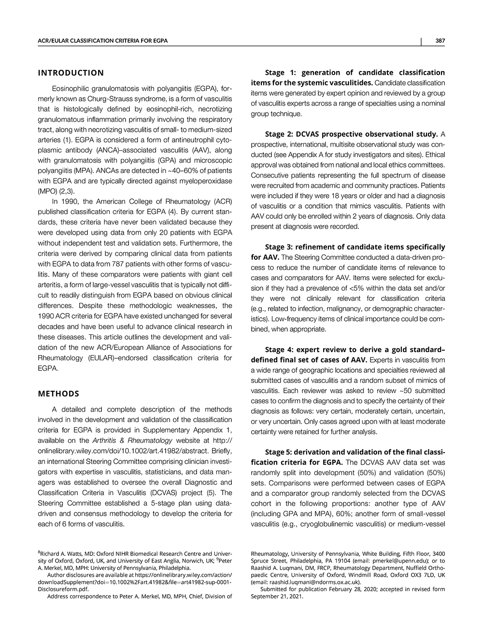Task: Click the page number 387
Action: click(439, 41)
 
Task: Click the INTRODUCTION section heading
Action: click(71, 73)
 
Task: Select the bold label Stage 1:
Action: click(283, 72)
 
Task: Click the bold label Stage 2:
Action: click(283, 134)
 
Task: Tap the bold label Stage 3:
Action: click(283, 247)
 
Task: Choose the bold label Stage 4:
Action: click(283, 349)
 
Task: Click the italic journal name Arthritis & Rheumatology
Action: click(132, 440)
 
